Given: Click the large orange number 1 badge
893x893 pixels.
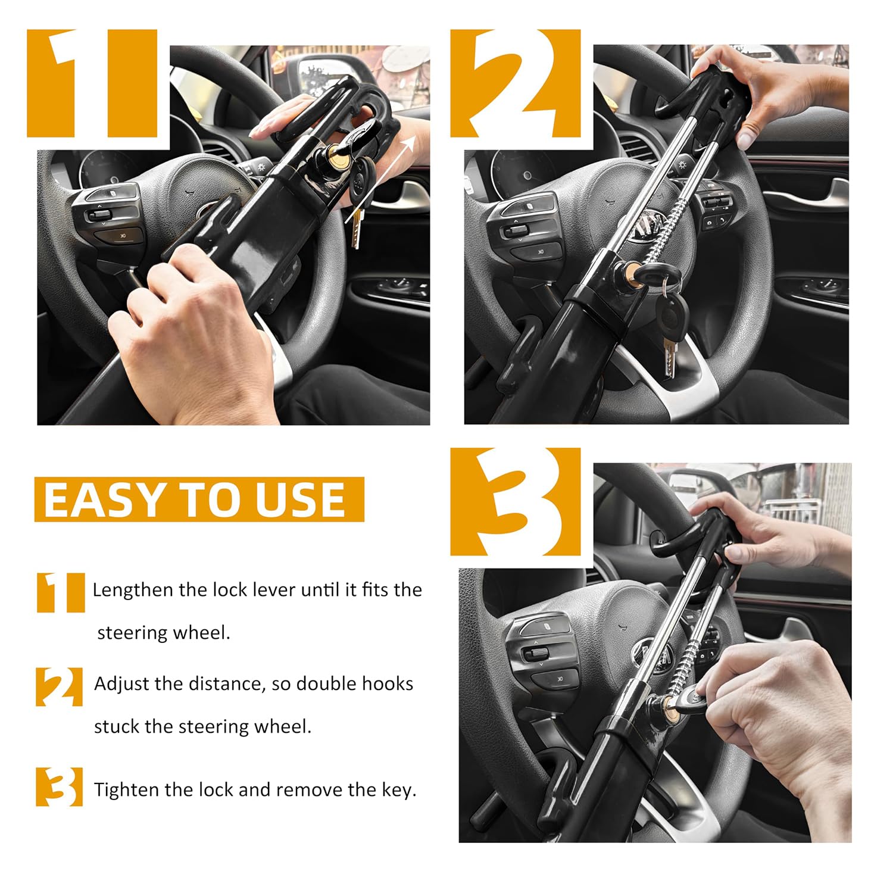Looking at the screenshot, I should coord(92,83).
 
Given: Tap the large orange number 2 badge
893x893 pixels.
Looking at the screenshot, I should coord(516,83).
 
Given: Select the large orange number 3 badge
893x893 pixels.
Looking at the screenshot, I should coord(516,501).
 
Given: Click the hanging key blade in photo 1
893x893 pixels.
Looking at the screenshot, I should coord(356,229).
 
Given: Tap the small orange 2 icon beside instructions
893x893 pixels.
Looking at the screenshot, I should coord(59,686).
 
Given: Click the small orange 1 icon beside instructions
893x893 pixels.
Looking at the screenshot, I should coord(60,592).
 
